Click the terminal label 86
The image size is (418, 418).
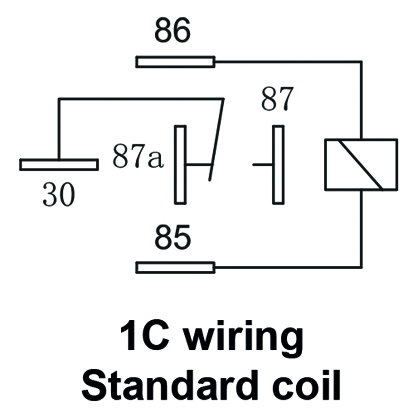173,31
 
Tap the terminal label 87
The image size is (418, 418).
277,99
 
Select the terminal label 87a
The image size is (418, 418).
137,156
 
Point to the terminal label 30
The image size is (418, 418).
59,195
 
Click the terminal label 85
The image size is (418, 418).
173,237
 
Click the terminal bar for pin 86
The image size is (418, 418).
176,62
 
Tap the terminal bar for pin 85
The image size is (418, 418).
176,268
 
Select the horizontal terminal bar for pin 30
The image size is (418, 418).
59,164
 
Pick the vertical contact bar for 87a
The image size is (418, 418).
181,164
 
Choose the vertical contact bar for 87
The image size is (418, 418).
278,164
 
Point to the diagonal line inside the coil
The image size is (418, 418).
360,164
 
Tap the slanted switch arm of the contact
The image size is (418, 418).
217,140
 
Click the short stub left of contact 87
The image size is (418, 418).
263,165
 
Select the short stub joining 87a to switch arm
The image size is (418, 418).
199,165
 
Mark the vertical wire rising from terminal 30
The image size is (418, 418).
59,129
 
